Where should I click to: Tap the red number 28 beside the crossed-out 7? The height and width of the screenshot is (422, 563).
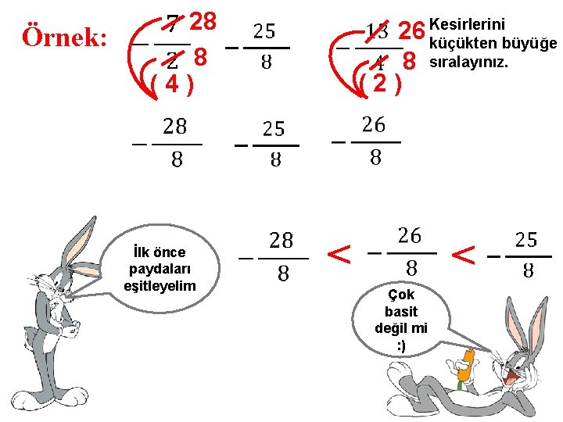203,21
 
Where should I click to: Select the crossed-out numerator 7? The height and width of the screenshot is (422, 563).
176,26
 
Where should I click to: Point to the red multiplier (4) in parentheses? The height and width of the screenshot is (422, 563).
170,83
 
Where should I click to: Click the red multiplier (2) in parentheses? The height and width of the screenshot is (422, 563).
378,83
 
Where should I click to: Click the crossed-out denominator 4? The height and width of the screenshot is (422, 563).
378,62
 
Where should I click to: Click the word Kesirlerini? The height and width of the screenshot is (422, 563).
468,25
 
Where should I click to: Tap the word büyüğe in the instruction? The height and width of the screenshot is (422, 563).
535,42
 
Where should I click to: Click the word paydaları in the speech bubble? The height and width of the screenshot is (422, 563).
160,269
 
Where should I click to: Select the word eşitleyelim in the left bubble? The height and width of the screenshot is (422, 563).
160,286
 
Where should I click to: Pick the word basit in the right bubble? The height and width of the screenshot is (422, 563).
401,312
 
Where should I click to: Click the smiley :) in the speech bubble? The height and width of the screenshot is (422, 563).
401,345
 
